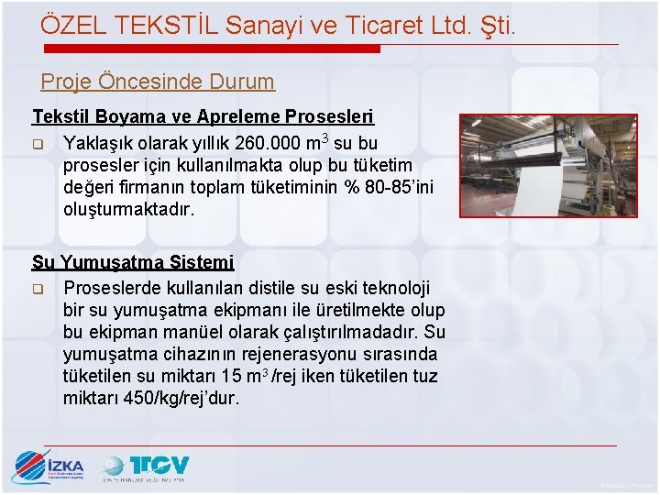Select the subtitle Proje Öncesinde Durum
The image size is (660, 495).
[x=158, y=82]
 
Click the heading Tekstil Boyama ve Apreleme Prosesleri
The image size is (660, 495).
[x=203, y=117]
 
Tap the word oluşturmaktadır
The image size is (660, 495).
[x=129, y=210]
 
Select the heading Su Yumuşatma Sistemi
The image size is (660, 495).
[x=133, y=263]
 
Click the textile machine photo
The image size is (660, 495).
[x=547, y=165]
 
